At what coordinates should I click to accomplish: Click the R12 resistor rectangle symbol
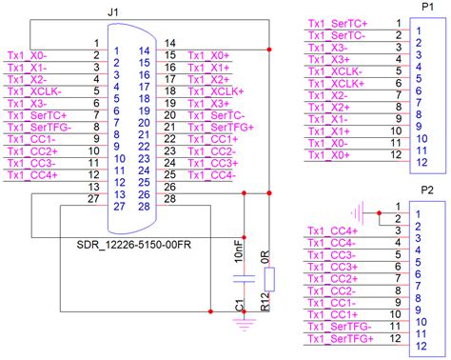point(270,278)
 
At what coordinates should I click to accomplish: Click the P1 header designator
point(423,7)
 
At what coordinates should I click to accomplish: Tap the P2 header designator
point(426,190)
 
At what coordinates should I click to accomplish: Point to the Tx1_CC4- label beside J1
point(211,174)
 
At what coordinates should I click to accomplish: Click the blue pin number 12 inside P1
point(418,163)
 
